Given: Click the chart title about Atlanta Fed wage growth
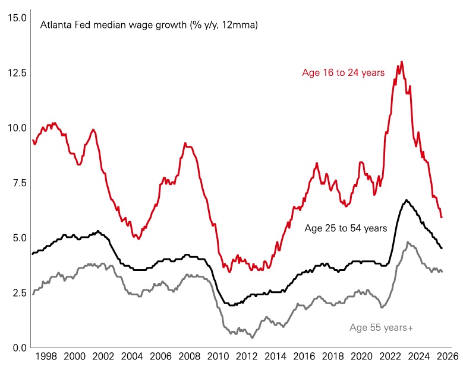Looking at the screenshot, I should tap(149, 25).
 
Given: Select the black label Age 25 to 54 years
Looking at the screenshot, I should tap(346, 228).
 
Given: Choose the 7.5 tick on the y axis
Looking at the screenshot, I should tap(16, 183).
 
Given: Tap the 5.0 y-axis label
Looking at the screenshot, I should tap(16, 238).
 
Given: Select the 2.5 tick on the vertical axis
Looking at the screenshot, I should tap(16, 292).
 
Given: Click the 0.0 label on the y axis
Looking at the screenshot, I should tap(16, 348).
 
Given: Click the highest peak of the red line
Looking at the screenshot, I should tap(402, 62).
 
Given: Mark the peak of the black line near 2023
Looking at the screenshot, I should tap(407, 200).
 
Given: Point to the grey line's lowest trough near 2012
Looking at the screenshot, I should tap(252, 337).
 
